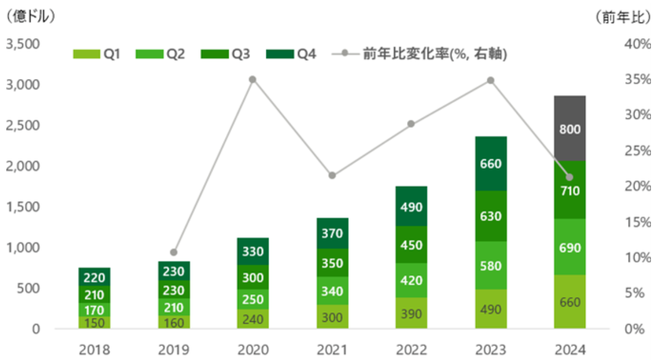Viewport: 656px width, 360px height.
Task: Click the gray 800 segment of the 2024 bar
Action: pos(570,128)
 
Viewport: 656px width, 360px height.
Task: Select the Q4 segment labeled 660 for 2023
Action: pos(491,164)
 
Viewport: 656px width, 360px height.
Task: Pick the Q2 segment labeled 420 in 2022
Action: pos(412,280)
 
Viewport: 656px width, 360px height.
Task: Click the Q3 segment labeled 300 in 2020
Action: pos(253,277)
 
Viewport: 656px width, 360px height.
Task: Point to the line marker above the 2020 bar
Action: pos(253,80)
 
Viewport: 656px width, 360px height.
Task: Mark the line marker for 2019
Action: pos(174,252)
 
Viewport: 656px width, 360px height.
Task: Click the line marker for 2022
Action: pos(411,124)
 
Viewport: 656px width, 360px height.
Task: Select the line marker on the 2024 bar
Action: pos(570,177)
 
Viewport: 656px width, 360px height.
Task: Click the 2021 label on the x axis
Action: pos(332,350)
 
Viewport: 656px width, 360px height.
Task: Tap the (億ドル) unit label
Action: pos(30,16)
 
